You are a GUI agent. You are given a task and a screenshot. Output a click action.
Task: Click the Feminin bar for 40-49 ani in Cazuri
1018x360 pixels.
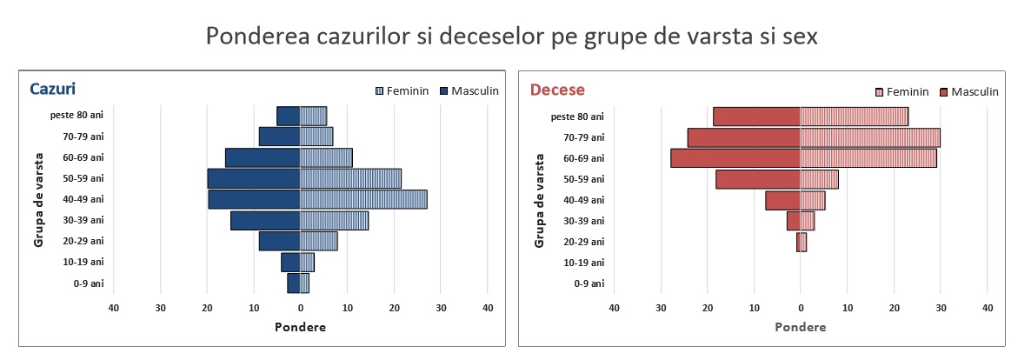[x=363, y=199]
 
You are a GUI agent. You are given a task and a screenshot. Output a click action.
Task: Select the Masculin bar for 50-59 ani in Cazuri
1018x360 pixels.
[x=254, y=178]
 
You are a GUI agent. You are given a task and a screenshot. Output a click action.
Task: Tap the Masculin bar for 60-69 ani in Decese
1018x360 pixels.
[x=735, y=158]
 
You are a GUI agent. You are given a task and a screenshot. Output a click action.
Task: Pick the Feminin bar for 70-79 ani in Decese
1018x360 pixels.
[x=870, y=137]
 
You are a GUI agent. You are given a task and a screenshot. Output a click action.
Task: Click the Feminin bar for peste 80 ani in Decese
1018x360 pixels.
[x=854, y=117]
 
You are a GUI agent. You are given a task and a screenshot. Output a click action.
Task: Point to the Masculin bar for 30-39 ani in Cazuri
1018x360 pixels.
[x=265, y=220]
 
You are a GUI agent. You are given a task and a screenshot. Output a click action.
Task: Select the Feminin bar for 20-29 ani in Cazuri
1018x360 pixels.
[x=319, y=241]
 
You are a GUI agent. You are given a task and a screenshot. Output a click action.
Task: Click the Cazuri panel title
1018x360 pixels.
[x=52, y=89]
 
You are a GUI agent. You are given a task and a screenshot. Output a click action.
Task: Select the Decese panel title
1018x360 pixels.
[x=557, y=90]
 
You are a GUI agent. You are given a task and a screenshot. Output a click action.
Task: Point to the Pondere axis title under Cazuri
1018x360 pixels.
[x=300, y=327]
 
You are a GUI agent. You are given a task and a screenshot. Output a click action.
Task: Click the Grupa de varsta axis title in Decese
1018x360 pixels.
[x=540, y=200]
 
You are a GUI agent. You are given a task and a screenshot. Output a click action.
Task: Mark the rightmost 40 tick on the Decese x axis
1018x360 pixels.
[x=988, y=308]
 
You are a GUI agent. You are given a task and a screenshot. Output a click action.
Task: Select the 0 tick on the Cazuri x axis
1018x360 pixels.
[x=301, y=308]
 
